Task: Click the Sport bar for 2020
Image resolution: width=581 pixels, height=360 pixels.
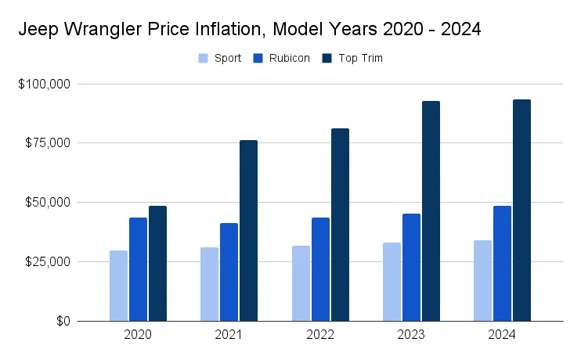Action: [118, 286]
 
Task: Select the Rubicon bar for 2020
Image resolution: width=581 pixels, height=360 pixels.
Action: [138, 269]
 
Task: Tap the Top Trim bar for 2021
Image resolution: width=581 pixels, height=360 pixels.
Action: [248, 231]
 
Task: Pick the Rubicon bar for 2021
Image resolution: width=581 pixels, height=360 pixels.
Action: [229, 272]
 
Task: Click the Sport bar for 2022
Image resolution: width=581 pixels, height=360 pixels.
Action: [301, 283]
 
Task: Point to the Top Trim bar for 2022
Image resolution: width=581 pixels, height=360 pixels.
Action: [340, 225]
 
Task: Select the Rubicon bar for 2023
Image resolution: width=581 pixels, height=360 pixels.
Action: [411, 268]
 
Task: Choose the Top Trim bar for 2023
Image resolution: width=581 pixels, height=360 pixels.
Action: [431, 211]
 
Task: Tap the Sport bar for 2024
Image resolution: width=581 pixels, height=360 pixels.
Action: [483, 281]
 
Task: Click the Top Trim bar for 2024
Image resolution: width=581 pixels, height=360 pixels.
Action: [521, 211]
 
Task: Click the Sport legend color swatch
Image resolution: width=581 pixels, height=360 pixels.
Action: [204, 58]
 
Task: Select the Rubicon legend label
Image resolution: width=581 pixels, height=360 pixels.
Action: [290, 58]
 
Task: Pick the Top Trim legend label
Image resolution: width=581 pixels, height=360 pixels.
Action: [361, 58]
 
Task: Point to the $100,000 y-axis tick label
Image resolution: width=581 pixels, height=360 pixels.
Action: [44, 84]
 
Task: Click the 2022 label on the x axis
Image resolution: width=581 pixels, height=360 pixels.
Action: [320, 334]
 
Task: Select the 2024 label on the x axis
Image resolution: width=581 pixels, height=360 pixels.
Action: [503, 334]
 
